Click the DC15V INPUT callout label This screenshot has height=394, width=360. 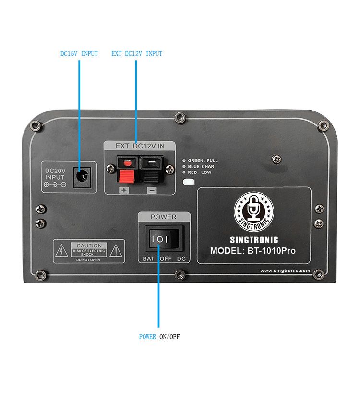[x=79, y=54]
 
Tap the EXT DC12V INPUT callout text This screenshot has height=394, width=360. [x=137, y=54]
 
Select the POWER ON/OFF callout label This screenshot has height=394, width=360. [x=159, y=337]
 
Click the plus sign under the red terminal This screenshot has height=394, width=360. [x=125, y=190]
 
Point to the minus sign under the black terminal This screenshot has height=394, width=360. [x=152, y=190]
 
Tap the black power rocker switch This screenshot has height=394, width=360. [x=161, y=239]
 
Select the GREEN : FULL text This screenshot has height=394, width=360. [x=203, y=160]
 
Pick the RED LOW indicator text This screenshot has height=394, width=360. [x=200, y=172]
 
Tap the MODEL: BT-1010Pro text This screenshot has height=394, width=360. [x=253, y=251]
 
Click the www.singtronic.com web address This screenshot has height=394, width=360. [x=285, y=271]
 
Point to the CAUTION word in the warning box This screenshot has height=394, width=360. [x=89, y=246]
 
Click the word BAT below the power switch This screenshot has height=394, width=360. [x=147, y=259]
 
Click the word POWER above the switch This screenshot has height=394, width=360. [x=164, y=217]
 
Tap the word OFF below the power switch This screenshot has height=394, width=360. [x=166, y=259]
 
